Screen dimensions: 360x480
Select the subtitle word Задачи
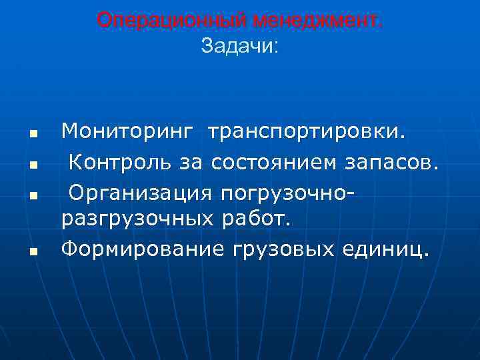[x=240, y=46]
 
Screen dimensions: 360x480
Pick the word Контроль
[x=124, y=161]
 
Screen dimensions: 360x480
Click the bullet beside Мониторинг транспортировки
[x=32, y=133]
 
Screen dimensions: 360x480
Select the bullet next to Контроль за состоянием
[x=32, y=163]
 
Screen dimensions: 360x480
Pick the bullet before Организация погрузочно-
[x=32, y=193]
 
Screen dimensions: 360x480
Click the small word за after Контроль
[x=196, y=161]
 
